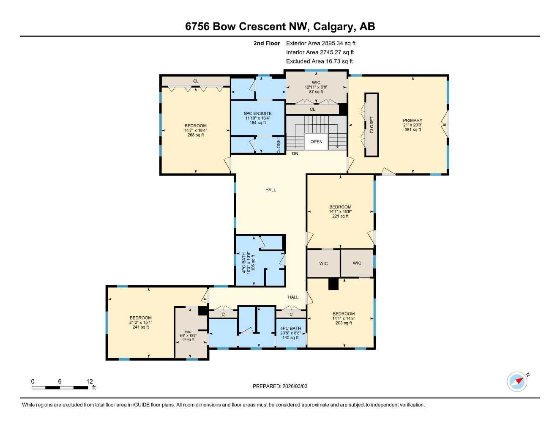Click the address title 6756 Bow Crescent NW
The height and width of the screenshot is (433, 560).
tap(280, 27)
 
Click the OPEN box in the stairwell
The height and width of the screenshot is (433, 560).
tap(316, 142)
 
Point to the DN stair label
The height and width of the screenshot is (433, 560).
tap(295, 153)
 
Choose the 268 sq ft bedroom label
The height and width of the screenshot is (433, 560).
tap(195, 130)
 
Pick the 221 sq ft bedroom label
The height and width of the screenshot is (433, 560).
tap(340, 211)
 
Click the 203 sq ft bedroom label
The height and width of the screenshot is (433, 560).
tap(343, 318)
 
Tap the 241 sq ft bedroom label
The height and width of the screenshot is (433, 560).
tap(140, 322)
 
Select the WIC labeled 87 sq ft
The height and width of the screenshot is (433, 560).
tap(316, 87)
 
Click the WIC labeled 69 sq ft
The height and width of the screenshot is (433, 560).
tap(188, 335)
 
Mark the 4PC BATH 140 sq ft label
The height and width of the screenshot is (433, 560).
tap(290, 333)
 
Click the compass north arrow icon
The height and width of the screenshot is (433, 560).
tap(518, 381)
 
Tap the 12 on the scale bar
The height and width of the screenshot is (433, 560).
tap(90, 381)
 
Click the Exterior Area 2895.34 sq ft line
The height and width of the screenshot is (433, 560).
tap(321, 43)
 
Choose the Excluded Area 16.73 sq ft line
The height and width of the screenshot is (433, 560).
tap(319, 61)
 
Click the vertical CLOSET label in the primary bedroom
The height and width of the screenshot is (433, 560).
tap(372, 125)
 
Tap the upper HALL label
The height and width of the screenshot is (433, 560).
tap(270, 190)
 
